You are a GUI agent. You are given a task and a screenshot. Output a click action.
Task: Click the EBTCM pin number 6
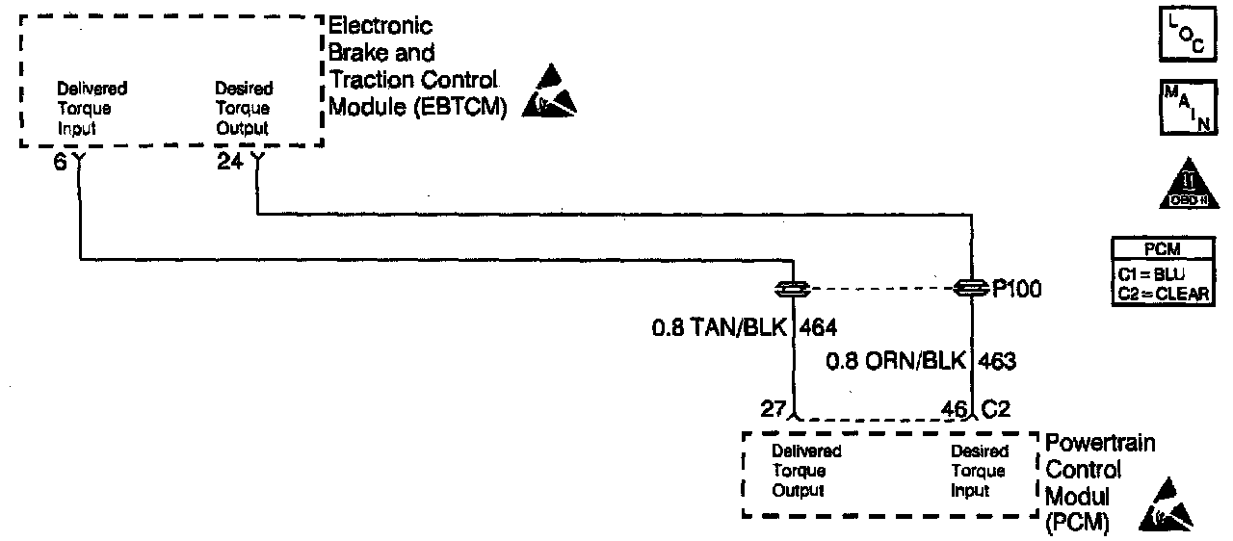point(60,163)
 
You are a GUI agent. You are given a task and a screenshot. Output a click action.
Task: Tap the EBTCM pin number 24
point(230,163)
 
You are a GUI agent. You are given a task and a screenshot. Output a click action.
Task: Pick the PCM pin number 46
point(954,407)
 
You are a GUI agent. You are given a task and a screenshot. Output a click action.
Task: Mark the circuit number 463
point(997,361)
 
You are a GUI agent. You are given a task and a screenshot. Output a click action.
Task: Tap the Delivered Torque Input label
point(92,108)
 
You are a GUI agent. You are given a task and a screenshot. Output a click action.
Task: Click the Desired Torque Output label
point(244,108)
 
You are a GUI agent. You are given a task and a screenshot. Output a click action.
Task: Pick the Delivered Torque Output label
point(806,471)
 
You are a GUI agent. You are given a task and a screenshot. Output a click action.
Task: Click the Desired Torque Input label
point(980,471)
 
